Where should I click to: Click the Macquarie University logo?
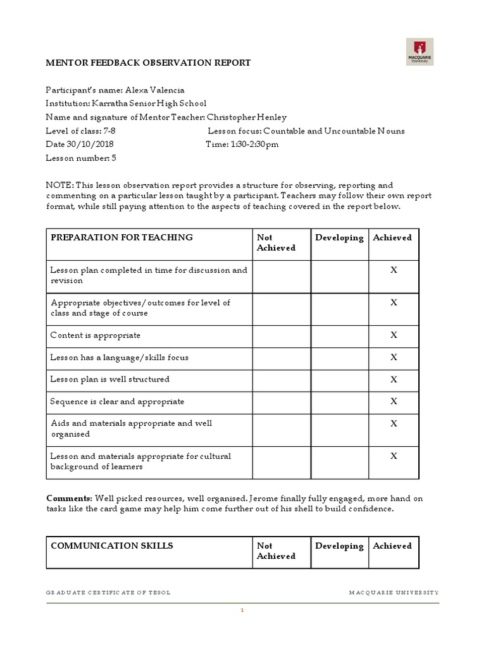click(420, 52)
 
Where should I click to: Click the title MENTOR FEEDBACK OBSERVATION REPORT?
click(148, 63)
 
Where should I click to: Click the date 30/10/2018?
click(94, 144)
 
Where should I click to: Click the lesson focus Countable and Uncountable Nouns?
click(334, 131)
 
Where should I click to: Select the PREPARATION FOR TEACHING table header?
click(121, 238)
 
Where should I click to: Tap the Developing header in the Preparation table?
click(339, 238)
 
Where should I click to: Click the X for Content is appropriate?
click(394, 335)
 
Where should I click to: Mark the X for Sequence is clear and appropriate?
click(394, 401)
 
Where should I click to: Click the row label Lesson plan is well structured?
click(109, 380)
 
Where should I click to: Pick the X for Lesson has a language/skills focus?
click(394, 358)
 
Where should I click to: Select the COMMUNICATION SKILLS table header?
click(111, 546)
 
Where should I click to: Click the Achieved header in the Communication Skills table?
click(392, 546)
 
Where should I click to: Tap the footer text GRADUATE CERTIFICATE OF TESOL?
click(108, 592)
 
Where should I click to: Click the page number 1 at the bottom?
click(242, 611)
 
